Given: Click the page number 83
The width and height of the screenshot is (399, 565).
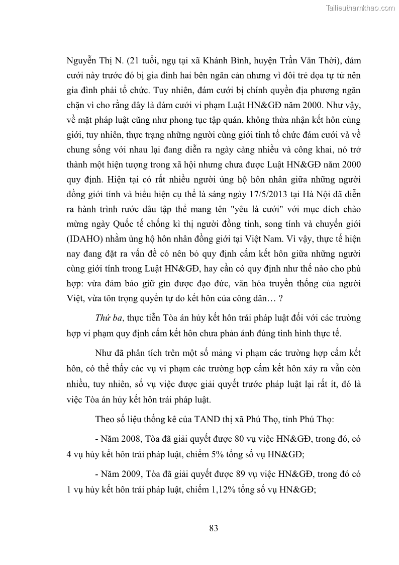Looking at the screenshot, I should point(214,528).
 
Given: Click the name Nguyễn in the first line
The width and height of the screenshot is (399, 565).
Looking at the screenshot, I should point(82,61).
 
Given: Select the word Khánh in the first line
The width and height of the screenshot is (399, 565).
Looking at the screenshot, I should point(217,61).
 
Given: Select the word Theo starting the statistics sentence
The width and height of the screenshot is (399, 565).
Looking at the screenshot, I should point(104,419).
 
